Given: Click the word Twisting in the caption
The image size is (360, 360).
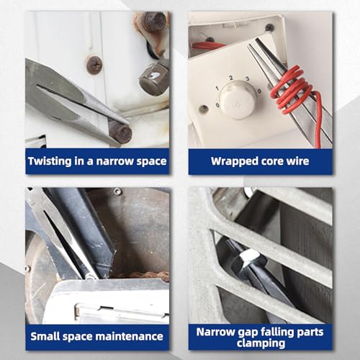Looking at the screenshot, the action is pos(50,161).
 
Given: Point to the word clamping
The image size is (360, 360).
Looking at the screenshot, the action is pos(261,343).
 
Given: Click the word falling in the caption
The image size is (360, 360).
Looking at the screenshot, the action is pos(276,333).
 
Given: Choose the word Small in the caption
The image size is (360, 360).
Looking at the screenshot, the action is pos(45,336).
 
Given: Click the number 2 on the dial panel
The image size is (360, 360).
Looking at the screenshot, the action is pos(231,78).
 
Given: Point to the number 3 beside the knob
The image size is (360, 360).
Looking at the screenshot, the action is pos(248,78).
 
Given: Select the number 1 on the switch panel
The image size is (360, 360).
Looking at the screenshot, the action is pos(217,89).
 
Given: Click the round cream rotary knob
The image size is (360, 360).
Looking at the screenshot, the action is pos(237,99).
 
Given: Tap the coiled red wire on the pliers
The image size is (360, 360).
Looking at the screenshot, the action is pos(292,90).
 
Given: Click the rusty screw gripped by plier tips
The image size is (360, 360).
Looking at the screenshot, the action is pos(121,132).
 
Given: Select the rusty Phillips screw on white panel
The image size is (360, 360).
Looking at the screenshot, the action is pos(94,65).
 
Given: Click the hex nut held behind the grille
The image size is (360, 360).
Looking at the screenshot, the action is pos(248,258).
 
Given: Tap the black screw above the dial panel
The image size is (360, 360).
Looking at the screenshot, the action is pos(270,27).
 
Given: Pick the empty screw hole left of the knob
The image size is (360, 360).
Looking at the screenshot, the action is pos(204,109).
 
